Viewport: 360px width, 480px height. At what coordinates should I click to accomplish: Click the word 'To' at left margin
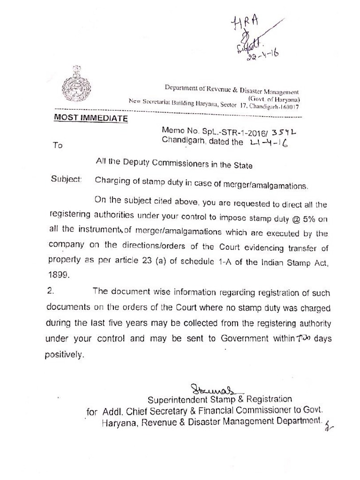[x=58, y=145]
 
